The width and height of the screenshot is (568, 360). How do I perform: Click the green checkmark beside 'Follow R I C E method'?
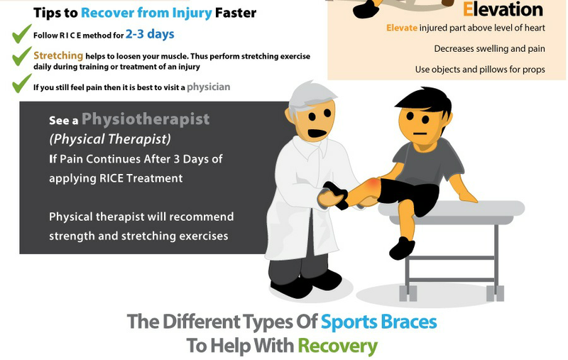point(21,34)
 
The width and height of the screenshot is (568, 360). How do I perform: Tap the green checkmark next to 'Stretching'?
point(21,56)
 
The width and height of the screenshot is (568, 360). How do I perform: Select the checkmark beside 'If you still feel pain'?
point(21,83)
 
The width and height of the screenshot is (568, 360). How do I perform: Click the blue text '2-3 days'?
point(150,34)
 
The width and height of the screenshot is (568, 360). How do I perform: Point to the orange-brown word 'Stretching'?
point(58,55)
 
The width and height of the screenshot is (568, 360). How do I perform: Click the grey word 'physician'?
point(208,87)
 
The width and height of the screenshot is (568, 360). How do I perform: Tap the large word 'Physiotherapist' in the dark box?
point(146,119)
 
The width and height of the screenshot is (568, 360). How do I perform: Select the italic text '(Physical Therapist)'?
point(110,139)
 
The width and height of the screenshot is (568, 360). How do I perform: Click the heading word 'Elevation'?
point(503,9)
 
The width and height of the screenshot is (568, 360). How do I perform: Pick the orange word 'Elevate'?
point(402,28)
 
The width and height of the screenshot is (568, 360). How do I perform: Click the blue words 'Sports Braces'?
point(378,322)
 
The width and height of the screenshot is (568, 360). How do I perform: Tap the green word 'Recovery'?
point(338,347)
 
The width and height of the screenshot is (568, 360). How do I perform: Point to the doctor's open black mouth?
point(317,133)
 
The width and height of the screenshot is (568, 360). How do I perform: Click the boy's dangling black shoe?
point(402,248)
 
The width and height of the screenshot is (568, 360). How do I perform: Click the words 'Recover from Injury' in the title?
point(146,13)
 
